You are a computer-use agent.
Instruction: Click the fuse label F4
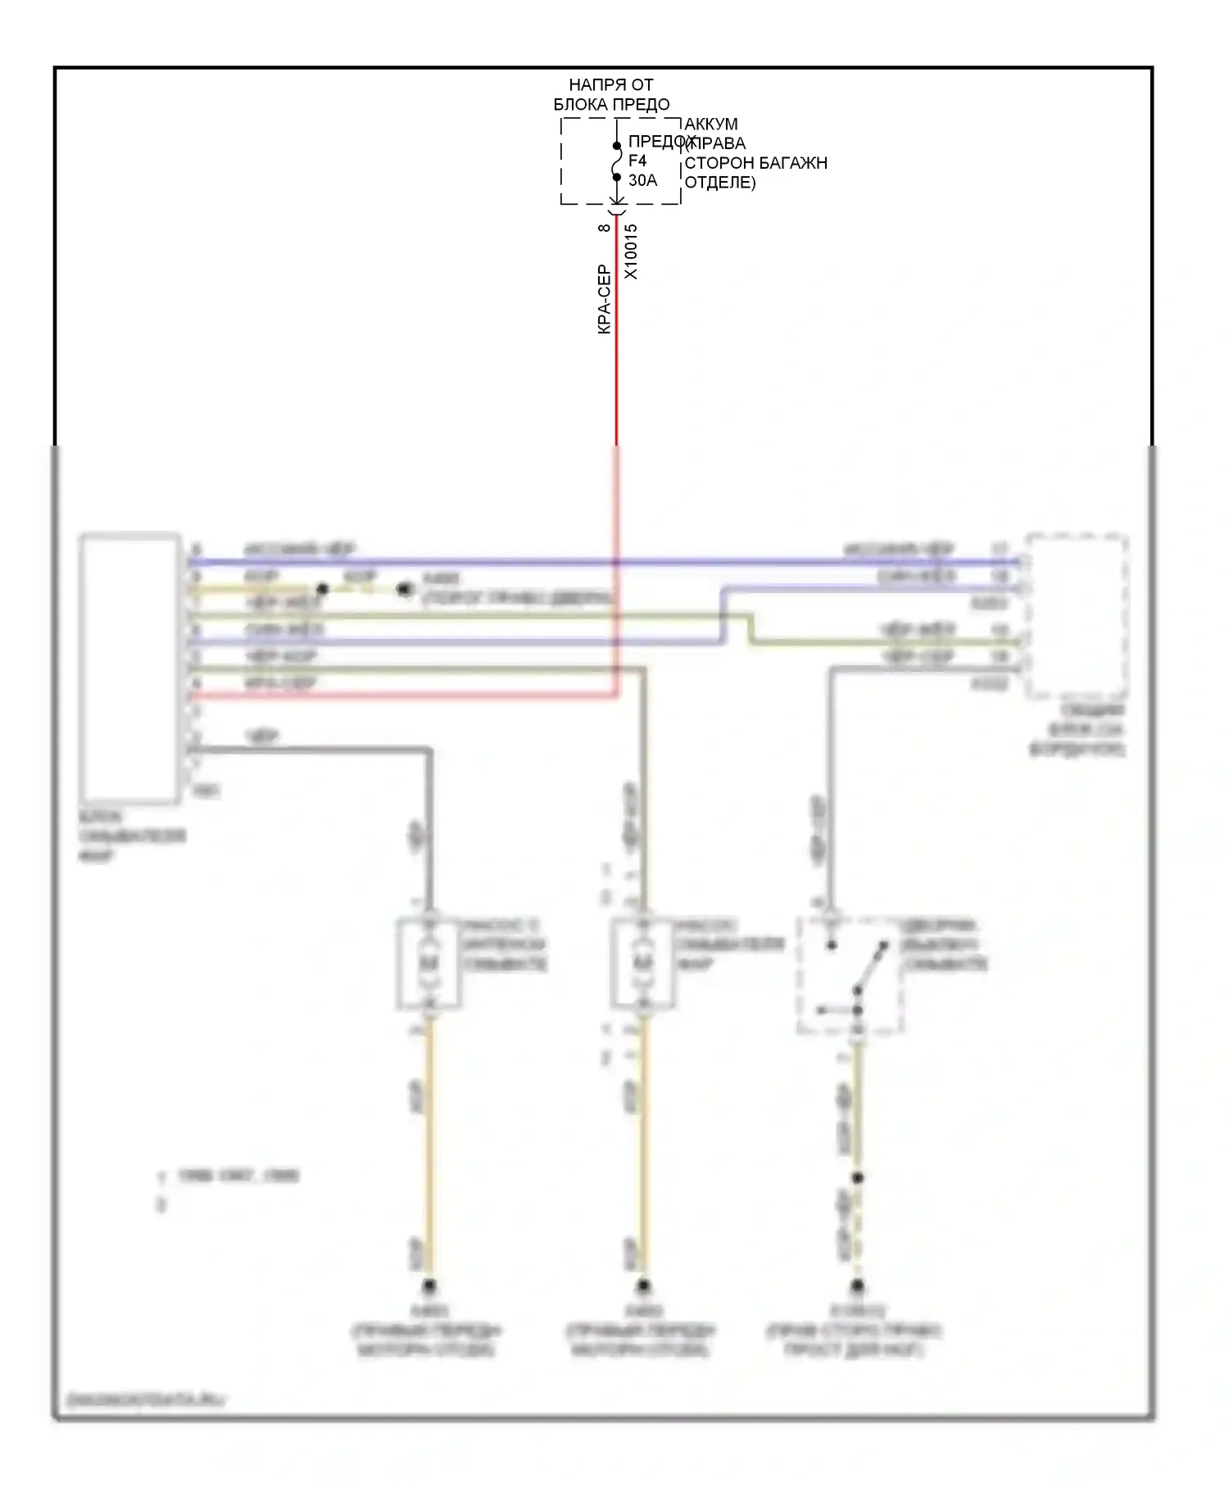637,161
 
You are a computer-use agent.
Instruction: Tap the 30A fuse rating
642,180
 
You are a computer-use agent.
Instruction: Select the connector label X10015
631,251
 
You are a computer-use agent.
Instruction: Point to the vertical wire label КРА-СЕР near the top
605,299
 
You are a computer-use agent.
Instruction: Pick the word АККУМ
711,125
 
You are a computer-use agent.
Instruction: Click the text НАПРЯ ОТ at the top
611,85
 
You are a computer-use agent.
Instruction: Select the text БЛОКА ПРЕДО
611,105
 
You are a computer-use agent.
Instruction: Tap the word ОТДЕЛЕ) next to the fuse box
719,183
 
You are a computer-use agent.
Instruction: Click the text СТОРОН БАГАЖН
755,163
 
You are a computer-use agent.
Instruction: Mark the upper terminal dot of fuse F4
617,147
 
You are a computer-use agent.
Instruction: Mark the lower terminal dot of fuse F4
617,177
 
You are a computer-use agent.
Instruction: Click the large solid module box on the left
129,668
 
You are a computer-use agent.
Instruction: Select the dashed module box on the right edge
1077,617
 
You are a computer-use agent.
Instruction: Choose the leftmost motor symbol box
428,963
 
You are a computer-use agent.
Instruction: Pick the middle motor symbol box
643,963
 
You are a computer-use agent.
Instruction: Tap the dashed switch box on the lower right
850,975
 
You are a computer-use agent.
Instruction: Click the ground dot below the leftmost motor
428,1285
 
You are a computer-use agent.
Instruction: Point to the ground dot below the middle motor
644,1285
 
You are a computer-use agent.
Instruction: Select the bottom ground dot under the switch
857,1285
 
